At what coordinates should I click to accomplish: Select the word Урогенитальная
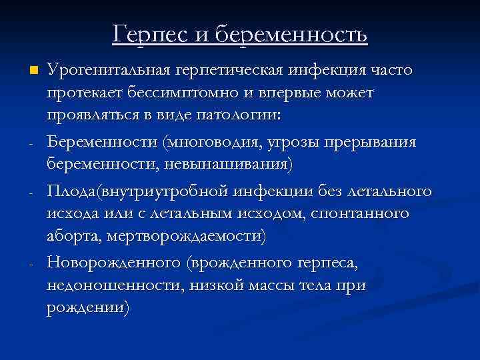[x=110, y=70]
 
